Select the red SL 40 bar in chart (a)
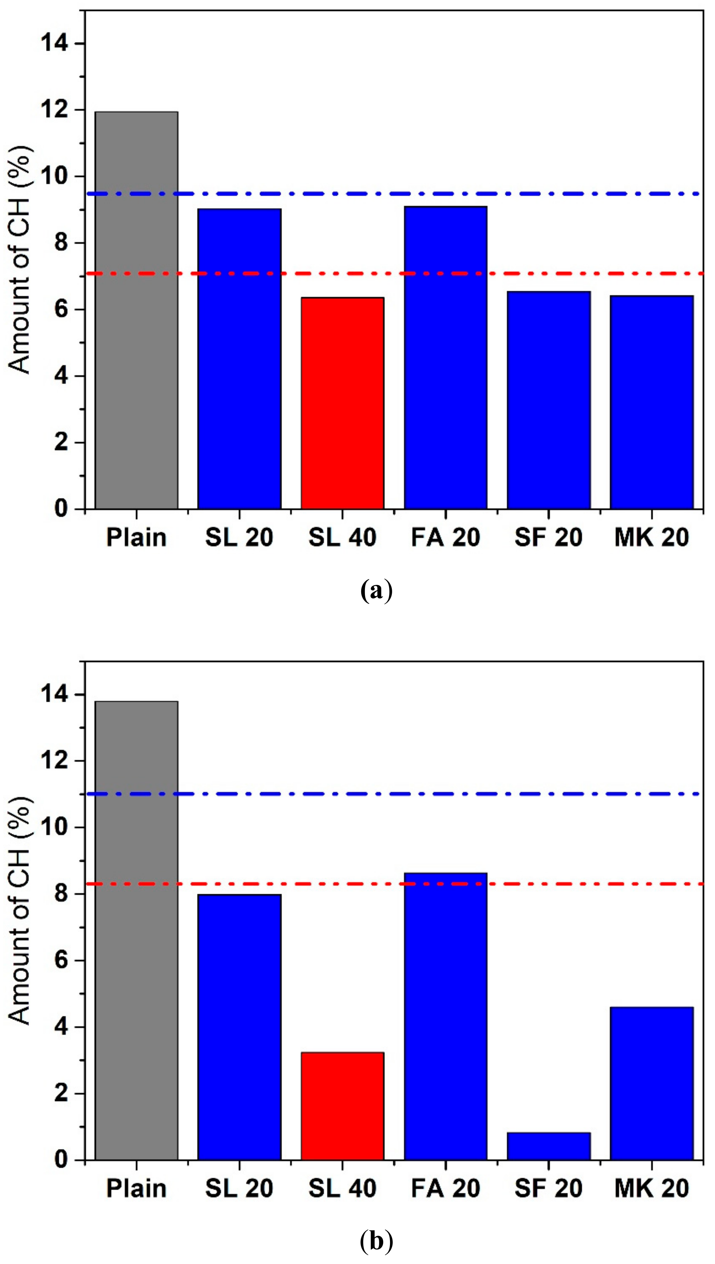click(x=342, y=403)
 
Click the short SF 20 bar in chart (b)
click(x=549, y=1147)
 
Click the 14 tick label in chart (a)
click(x=54, y=44)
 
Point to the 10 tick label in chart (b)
click(x=54, y=828)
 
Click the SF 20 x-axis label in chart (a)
click(x=549, y=537)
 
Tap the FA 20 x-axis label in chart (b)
click(x=445, y=1189)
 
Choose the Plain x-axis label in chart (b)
click(x=136, y=1189)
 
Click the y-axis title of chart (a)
click(x=21, y=260)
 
